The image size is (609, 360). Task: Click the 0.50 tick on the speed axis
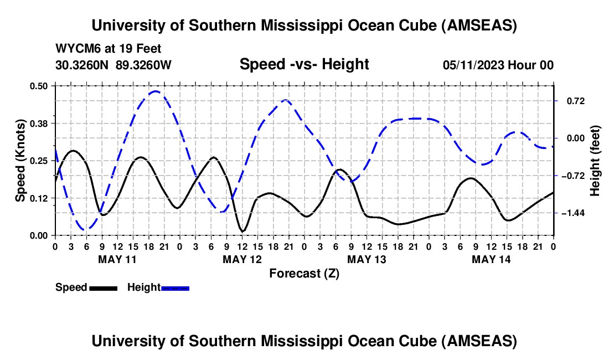40,86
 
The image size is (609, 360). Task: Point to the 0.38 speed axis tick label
40,123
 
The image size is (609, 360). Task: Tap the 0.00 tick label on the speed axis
40,235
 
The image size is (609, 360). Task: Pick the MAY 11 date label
117,259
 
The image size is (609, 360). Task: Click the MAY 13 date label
366,259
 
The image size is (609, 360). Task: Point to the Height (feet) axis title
596,161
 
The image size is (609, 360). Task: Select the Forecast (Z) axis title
304,274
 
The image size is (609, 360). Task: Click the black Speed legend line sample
104,288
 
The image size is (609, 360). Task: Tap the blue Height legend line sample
176,288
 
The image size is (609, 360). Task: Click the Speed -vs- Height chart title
304,65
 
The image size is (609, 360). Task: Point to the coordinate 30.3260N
82,65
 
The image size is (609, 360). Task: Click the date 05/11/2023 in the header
474,65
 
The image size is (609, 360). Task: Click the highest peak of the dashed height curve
156,91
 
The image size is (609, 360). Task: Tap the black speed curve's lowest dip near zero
242,231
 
